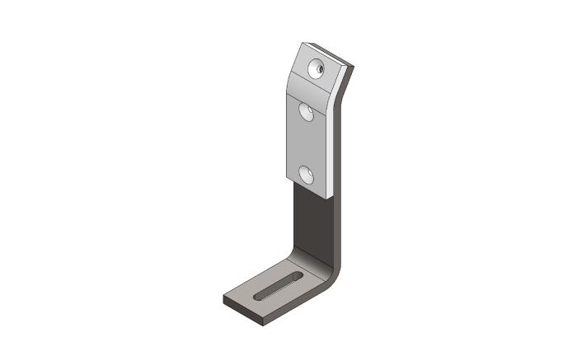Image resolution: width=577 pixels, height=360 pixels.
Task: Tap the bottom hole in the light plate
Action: point(307,174)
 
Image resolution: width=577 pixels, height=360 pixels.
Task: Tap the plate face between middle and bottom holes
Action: point(307,144)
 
